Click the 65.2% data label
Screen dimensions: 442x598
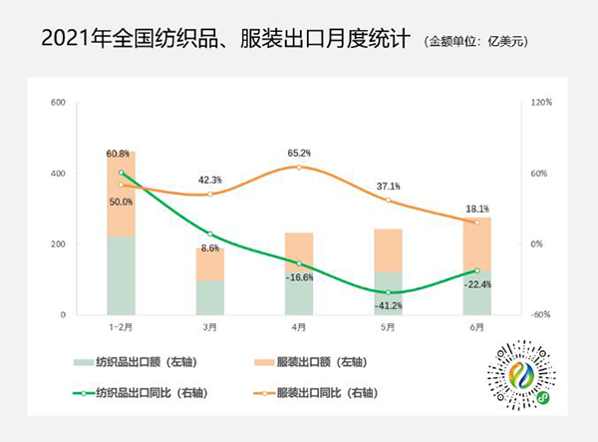(x=299, y=153)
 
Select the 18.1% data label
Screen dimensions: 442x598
(x=476, y=209)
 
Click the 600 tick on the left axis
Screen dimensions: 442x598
(x=58, y=103)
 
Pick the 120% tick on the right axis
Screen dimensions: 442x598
(x=541, y=103)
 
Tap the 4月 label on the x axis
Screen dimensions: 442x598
(x=299, y=327)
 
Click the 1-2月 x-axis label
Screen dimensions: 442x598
(x=121, y=327)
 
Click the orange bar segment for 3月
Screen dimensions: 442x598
(x=210, y=263)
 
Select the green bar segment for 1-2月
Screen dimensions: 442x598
(x=121, y=274)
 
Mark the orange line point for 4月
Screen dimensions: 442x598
(x=299, y=167)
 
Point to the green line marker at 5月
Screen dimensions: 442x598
(x=388, y=292)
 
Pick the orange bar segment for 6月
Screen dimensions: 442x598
(x=476, y=243)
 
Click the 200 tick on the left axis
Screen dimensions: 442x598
(x=58, y=244)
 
